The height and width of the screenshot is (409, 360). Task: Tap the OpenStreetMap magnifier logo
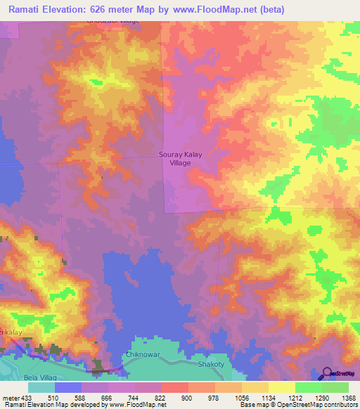pos(328,373)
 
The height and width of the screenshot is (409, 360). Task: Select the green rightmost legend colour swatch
pos(335,387)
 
